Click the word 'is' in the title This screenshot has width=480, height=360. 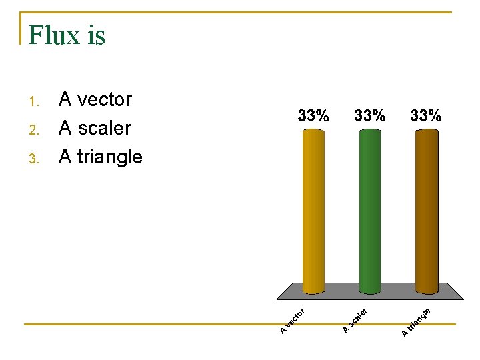coord(95,35)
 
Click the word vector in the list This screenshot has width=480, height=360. coord(105,100)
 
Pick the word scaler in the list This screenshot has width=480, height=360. coord(104,128)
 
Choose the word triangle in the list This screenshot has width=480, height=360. coord(109,157)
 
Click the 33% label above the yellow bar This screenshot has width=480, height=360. coord(313,115)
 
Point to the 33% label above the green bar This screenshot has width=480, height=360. coord(370,115)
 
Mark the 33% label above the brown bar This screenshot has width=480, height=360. coord(426,115)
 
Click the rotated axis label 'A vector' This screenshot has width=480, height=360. coord(293,321)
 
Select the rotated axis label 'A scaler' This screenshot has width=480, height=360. coord(355,320)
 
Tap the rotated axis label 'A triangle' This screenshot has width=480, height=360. coord(417,321)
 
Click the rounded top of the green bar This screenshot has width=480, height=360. coord(370,131)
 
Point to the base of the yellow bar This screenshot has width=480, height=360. coord(313,290)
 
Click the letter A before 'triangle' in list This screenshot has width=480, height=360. coord(65,157)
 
